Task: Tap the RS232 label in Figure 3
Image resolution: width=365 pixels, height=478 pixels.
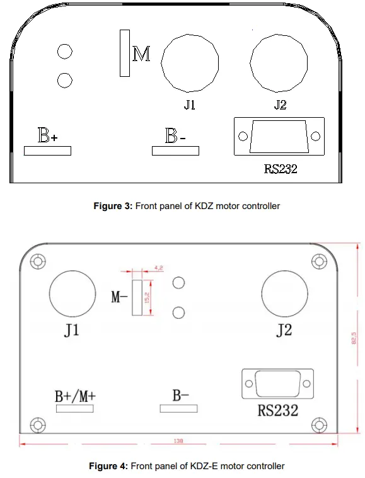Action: [x=280, y=169]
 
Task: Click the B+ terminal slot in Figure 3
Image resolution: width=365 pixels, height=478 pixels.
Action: [x=47, y=151]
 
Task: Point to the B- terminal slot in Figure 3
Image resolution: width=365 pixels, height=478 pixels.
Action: [x=175, y=151]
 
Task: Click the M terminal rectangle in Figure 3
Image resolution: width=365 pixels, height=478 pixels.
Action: [x=125, y=53]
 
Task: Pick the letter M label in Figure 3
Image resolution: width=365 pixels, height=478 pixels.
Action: [x=142, y=55]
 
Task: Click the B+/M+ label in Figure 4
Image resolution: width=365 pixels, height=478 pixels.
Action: [x=74, y=396]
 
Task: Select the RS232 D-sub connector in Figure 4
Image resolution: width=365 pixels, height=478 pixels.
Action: [x=277, y=384]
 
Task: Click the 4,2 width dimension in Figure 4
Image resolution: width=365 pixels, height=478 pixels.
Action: [x=158, y=268]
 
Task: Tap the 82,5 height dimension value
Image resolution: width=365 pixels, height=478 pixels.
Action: [x=354, y=338]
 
